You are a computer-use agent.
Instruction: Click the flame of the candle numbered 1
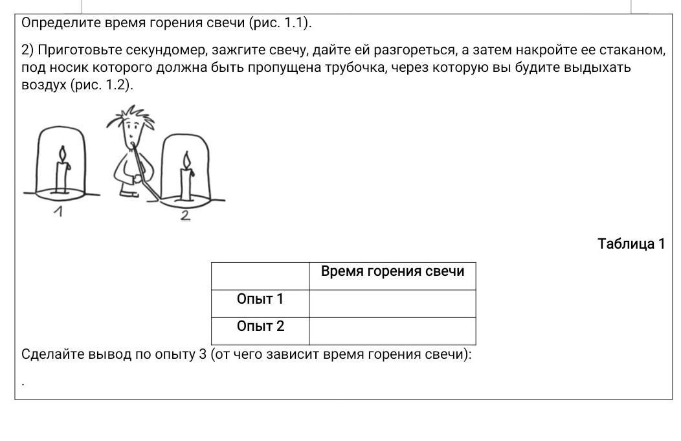[x=63, y=155]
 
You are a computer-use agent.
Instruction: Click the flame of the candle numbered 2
[x=186, y=160]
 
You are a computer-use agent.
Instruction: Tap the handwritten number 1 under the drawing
[x=58, y=211]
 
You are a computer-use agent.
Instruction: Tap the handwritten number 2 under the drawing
[x=185, y=216]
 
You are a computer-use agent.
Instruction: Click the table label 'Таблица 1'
[x=631, y=244]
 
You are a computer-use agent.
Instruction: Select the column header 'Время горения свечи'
[x=392, y=271]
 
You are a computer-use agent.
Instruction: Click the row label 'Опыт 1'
[x=260, y=299]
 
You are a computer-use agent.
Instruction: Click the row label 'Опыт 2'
[x=260, y=326]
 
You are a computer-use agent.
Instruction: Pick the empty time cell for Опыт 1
[x=392, y=303]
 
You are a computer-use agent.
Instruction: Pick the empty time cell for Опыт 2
[x=392, y=331]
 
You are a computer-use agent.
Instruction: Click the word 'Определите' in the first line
[x=60, y=23]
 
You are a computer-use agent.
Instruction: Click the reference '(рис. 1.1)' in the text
[x=280, y=23]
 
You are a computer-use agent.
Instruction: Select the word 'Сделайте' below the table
[x=52, y=354]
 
